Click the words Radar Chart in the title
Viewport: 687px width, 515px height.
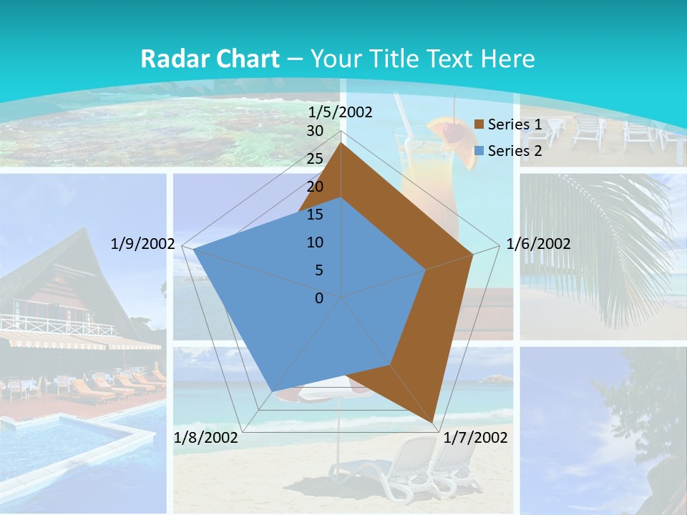pos(210,59)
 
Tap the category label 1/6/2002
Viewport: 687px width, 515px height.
pos(538,244)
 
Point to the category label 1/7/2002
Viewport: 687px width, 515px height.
pos(476,438)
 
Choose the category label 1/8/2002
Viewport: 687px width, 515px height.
pos(205,438)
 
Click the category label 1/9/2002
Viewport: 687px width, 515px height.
pos(142,244)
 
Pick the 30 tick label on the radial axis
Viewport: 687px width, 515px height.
pos(314,131)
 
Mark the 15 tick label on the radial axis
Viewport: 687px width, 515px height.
pos(314,215)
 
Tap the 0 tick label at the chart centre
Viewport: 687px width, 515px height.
pos(319,298)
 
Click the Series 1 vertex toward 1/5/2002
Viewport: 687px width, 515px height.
pos(341,143)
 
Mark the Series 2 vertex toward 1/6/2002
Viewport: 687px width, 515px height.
pos(427,270)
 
